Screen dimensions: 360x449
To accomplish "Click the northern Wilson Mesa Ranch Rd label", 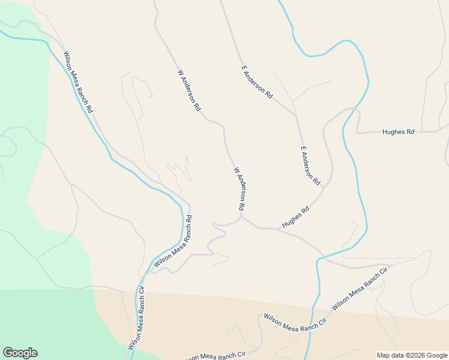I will click(79, 82).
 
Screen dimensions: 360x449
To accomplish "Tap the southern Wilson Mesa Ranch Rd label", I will click(172, 241).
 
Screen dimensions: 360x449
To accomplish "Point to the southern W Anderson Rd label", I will click(239, 188).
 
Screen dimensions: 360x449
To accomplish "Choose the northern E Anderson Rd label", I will click(257, 83).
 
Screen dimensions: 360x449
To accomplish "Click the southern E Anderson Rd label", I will click(310, 165).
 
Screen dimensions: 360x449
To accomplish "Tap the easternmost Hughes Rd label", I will click(398, 132).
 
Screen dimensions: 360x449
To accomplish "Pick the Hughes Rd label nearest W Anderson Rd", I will click(295, 218).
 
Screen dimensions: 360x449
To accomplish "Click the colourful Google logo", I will click(20, 353).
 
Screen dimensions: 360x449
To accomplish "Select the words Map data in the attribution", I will click(389, 355).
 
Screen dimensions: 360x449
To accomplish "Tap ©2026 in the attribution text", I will click(414, 355).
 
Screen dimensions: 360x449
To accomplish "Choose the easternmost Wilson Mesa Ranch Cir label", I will click(360, 289).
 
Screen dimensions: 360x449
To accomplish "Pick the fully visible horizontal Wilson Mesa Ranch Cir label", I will click(294, 319).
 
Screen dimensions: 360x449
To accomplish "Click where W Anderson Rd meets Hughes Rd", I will click(242, 217).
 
